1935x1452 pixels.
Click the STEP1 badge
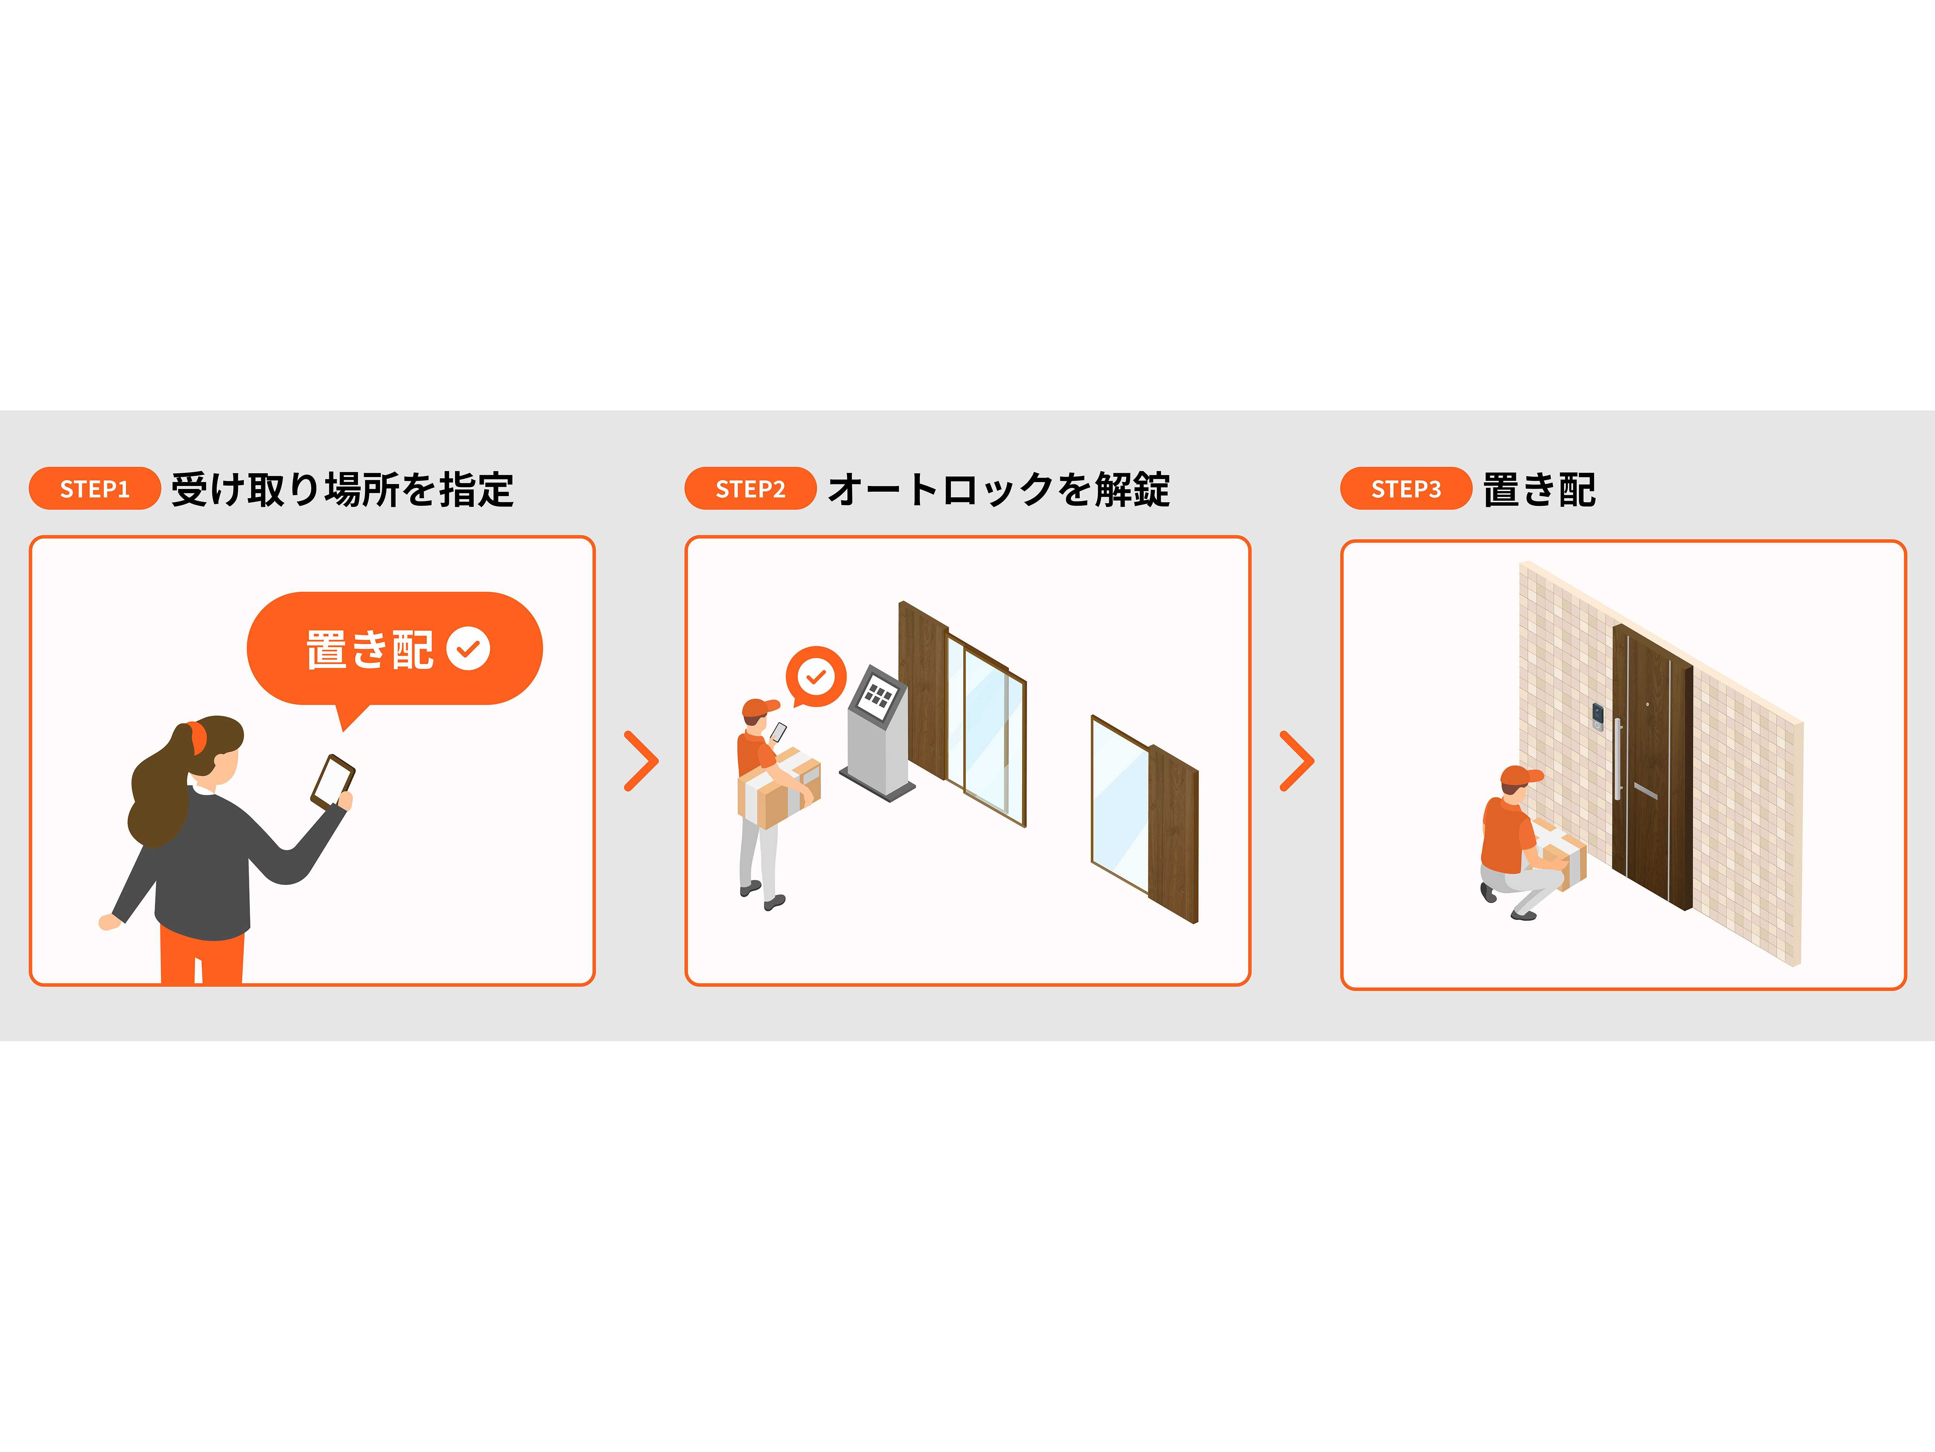click(94, 488)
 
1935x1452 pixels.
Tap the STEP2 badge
click(750, 488)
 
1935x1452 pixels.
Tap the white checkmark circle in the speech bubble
click(468, 649)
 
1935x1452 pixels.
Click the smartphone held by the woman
click(332, 781)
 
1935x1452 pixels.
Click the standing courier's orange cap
click(759, 707)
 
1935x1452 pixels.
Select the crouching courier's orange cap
click(1521, 776)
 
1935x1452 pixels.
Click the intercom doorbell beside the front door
click(1597, 717)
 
